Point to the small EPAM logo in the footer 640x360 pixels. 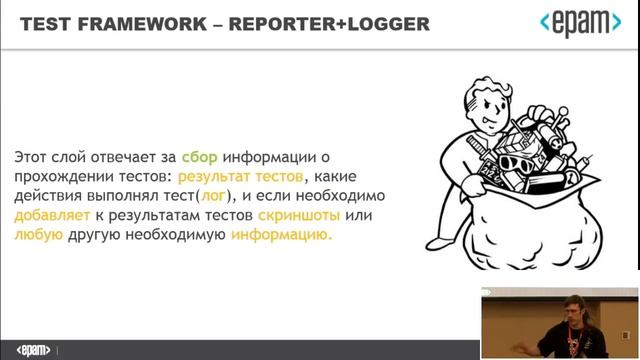34,351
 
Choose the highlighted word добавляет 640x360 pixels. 47,215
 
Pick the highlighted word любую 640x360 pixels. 37,235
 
